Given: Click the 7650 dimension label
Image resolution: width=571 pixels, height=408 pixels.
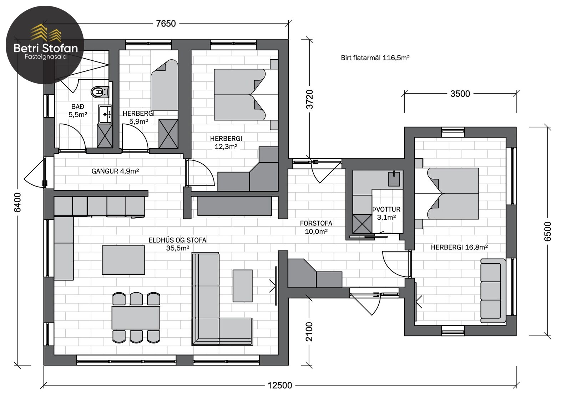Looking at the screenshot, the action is pyautogui.click(x=166, y=24).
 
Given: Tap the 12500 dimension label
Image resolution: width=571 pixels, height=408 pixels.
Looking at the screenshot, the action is pyautogui.click(x=280, y=385).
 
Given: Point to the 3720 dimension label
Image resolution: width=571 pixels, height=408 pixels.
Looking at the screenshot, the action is pyautogui.click(x=309, y=99).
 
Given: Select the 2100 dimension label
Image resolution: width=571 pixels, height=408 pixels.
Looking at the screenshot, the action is pyautogui.click(x=309, y=332).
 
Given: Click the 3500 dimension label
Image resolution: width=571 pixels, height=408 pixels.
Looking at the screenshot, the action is pyautogui.click(x=460, y=94).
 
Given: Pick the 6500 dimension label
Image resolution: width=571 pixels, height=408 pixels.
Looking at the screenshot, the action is pyautogui.click(x=547, y=232).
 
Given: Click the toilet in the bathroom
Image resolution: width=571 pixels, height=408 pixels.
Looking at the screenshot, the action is pyautogui.click(x=100, y=92).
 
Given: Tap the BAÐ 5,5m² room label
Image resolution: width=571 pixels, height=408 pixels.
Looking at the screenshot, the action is pyautogui.click(x=78, y=110).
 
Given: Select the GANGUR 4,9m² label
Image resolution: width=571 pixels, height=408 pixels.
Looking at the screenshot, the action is pyautogui.click(x=115, y=171).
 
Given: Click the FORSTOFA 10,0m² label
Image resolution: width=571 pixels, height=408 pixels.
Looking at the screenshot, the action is pyautogui.click(x=316, y=227).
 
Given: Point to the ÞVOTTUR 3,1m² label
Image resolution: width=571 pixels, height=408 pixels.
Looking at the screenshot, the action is pyautogui.click(x=386, y=213).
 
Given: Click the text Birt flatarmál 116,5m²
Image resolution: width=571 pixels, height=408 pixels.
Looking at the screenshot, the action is pyautogui.click(x=375, y=58).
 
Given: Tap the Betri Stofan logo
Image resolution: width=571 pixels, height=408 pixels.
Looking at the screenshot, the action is pyautogui.click(x=45, y=45).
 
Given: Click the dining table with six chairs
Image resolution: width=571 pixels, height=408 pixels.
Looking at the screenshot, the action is pyautogui.click(x=136, y=318).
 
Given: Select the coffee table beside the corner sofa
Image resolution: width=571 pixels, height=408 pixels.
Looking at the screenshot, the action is pyautogui.click(x=242, y=286).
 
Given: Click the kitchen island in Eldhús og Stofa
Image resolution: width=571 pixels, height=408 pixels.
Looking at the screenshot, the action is pyautogui.click(x=123, y=260).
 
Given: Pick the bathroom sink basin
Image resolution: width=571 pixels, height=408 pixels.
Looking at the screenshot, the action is pyautogui.click(x=105, y=114).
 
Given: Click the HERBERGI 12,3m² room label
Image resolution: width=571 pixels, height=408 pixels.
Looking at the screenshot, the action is pyautogui.click(x=226, y=143).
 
